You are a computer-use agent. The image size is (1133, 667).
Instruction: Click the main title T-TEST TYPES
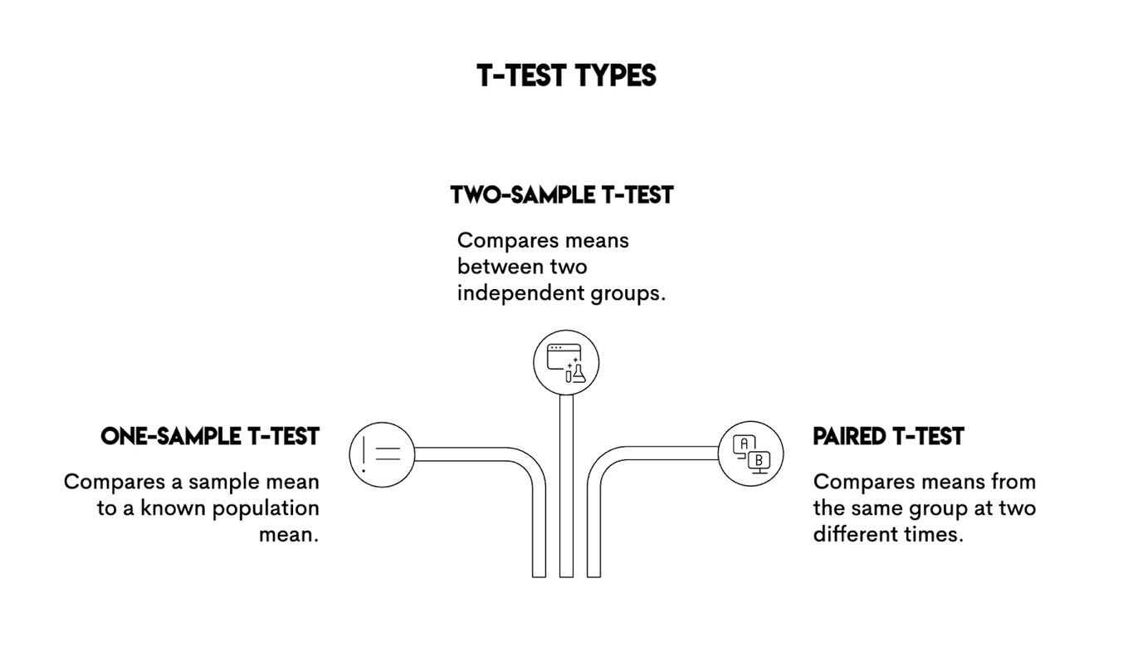click(x=566, y=76)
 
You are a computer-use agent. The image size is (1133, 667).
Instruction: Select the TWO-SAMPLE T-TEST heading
click(x=562, y=195)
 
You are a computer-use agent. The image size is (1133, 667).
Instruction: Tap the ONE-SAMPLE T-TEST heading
click(x=210, y=436)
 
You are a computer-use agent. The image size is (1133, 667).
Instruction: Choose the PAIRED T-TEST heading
click(x=888, y=436)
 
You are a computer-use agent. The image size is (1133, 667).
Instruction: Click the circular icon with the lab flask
click(x=566, y=362)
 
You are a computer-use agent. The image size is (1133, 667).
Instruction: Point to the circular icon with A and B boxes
click(x=750, y=453)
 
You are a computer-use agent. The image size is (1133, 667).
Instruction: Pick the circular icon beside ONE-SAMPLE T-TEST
click(x=382, y=454)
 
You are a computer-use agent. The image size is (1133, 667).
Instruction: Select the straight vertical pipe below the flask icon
click(x=566, y=486)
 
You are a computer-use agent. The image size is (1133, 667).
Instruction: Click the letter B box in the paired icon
click(x=759, y=460)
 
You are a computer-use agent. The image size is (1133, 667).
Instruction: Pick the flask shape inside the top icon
click(x=579, y=374)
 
